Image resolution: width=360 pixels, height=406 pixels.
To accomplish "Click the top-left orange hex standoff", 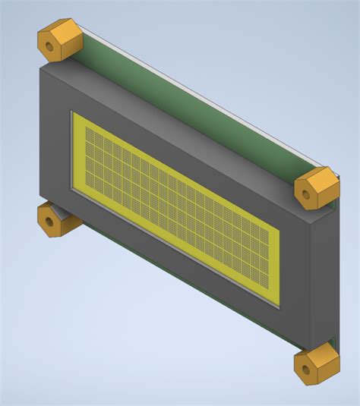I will coord(58,40).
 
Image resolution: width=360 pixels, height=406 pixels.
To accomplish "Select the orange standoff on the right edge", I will coord(316,187).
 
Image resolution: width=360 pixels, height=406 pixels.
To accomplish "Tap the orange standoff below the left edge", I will coord(56,220).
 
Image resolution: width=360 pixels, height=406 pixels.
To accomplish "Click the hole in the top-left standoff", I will coord(50,46).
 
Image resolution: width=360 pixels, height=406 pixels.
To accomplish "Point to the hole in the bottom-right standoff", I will coord(305,370).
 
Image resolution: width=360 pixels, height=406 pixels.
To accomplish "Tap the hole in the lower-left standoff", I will coord(50,223).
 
